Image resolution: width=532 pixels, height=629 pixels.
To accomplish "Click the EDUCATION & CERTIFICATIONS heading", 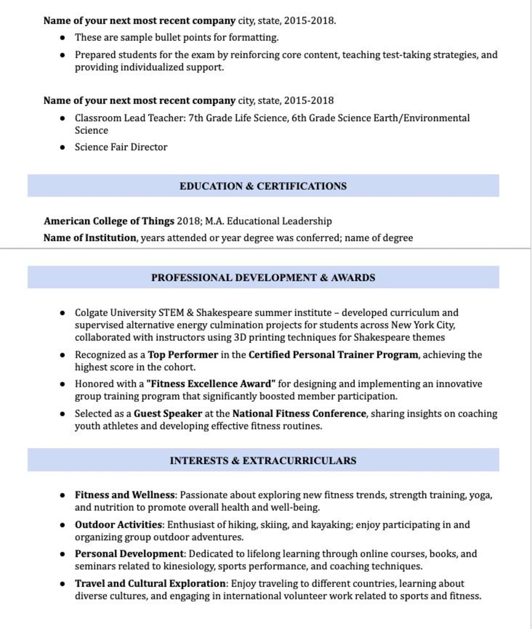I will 263,186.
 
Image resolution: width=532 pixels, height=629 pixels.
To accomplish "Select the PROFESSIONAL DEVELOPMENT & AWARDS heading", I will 263,277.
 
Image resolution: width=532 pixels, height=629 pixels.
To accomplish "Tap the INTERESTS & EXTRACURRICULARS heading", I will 263,461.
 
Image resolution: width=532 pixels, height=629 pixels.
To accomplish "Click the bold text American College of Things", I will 109,221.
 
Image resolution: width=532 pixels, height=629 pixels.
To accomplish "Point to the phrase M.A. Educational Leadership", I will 268,221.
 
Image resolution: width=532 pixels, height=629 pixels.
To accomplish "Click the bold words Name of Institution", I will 90,238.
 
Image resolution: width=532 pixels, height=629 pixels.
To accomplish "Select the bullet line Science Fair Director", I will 121,147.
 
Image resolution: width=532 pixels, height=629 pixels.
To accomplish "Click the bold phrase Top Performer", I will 183,355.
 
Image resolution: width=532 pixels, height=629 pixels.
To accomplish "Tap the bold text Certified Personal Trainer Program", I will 333,355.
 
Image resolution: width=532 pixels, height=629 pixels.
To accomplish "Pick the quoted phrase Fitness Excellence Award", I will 211,384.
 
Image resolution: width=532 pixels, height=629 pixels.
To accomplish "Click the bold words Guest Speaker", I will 168,414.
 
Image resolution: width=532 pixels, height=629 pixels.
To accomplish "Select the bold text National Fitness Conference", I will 299,414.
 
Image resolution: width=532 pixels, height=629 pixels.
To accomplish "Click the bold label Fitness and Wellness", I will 125,495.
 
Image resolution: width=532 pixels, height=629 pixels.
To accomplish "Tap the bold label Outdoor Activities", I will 118,525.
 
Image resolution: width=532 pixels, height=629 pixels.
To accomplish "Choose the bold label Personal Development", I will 129,554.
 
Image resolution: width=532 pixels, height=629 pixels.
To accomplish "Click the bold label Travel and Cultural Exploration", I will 150,583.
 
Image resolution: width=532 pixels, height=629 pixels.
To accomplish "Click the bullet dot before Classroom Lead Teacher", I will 63,118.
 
